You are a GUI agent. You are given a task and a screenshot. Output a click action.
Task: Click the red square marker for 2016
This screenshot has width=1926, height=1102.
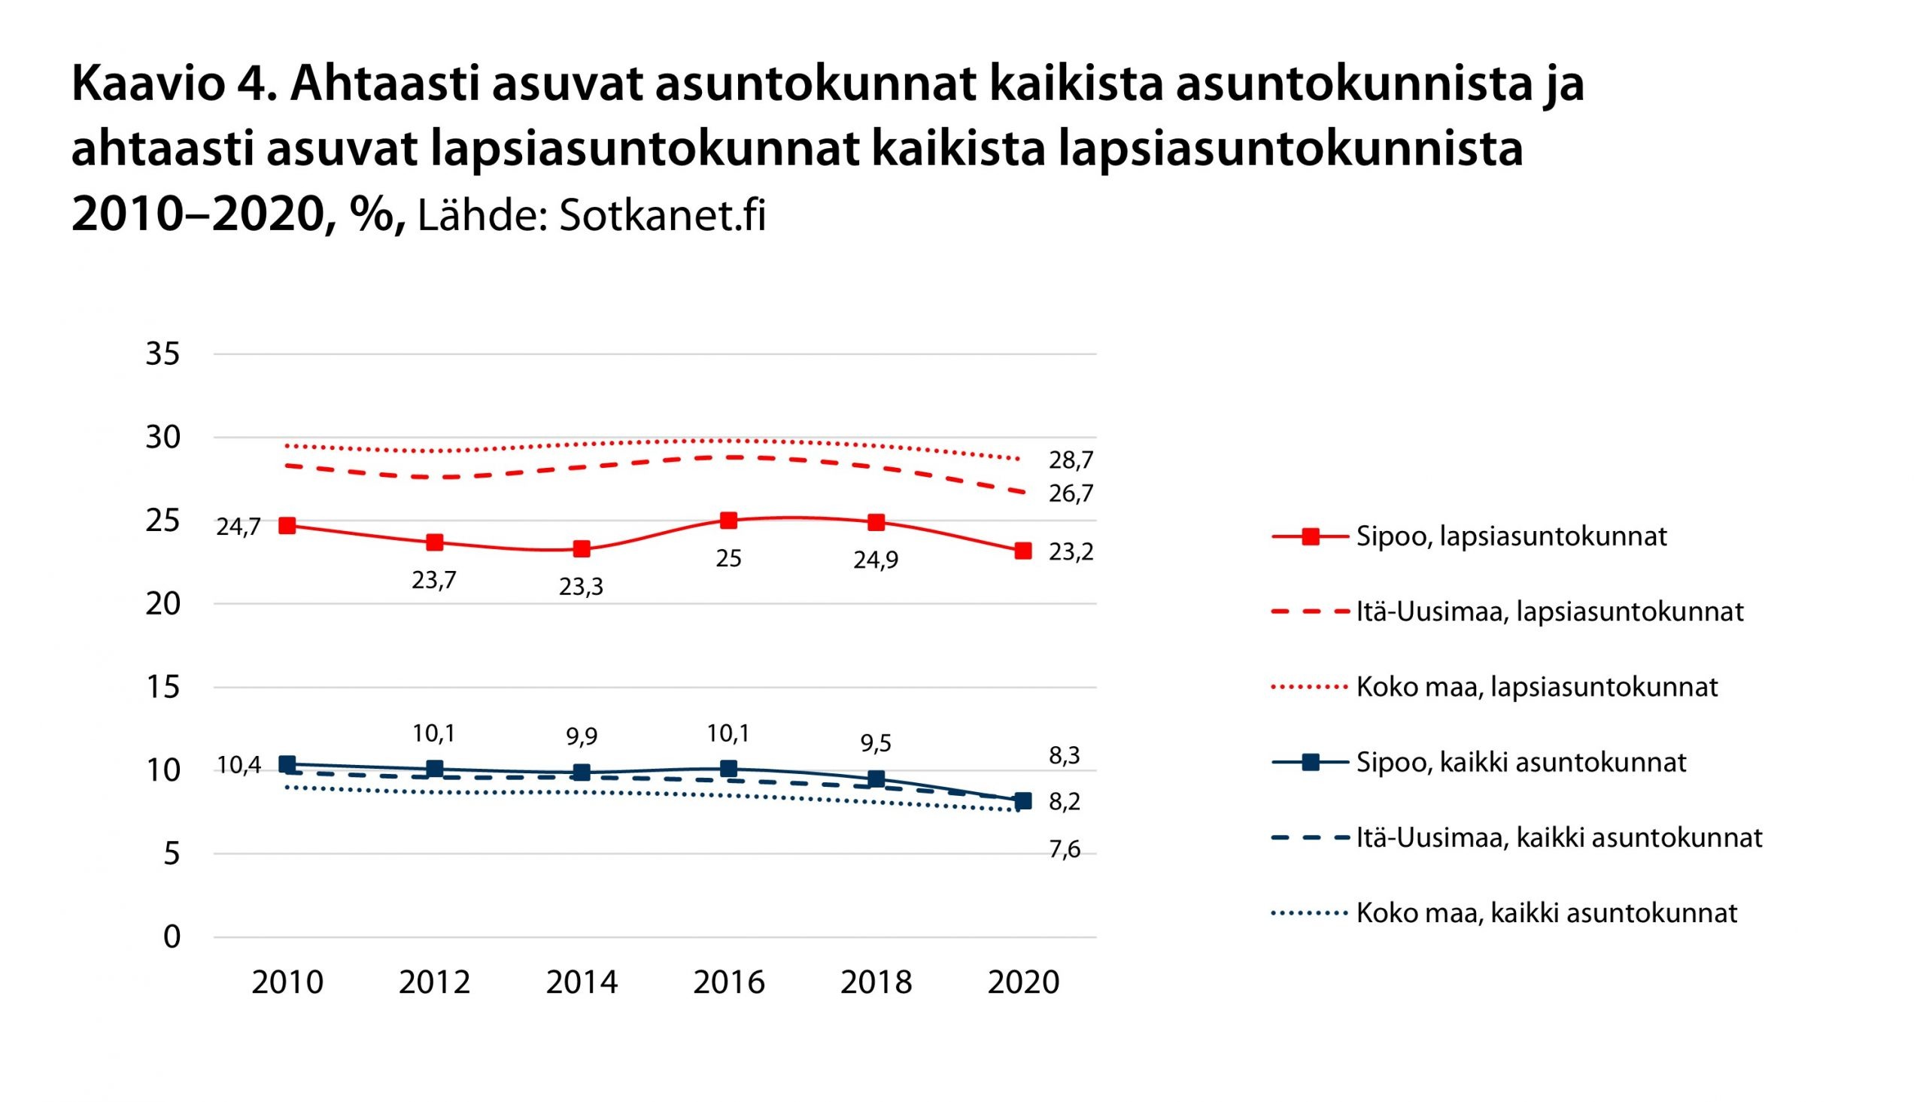[x=729, y=520]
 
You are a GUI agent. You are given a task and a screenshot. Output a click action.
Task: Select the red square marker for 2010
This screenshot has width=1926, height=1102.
[x=287, y=525]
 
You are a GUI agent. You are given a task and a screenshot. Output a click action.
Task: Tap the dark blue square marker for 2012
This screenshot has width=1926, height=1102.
[x=434, y=769]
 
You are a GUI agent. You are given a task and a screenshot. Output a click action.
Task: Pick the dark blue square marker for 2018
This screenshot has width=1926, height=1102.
[x=876, y=779]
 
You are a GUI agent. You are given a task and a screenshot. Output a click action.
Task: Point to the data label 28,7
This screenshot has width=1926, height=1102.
[x=1071, y=460]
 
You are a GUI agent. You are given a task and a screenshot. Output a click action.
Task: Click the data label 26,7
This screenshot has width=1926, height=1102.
[x=1071, y=494]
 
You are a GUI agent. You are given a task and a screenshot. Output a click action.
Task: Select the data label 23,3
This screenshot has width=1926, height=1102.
[x=582, y=587]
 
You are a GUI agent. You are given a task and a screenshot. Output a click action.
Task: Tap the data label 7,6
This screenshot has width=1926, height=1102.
[x=1064, y=850]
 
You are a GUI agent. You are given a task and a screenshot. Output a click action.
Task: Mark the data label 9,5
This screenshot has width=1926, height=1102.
[x=876, y=743]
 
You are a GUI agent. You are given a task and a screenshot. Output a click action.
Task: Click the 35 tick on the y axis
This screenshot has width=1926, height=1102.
[x=163, y=354]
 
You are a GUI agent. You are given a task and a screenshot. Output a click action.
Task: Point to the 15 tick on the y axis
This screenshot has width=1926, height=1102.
[x=163, y=688]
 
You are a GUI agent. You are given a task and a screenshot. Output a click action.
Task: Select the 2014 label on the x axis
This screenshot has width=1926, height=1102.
[x=582, y=982]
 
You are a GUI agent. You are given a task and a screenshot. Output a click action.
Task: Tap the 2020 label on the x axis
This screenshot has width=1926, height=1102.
[x=1024, y=982]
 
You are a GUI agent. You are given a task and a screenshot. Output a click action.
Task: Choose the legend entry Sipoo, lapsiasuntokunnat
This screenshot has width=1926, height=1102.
[x=1511, y=536]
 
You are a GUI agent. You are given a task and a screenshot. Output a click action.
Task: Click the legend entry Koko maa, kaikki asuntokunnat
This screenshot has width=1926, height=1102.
[x=1546, y=913]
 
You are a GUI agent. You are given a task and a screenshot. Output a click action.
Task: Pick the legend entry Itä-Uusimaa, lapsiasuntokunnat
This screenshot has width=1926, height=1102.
[x=1549, y=612]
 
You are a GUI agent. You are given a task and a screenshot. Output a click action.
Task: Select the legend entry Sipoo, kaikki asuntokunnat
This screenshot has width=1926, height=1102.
[x=1520, y=762]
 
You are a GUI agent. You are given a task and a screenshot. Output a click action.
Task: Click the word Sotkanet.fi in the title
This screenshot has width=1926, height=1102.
[x=662, y=216]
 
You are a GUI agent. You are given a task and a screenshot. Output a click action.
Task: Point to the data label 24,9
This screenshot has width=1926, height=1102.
[x=876, y=561]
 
